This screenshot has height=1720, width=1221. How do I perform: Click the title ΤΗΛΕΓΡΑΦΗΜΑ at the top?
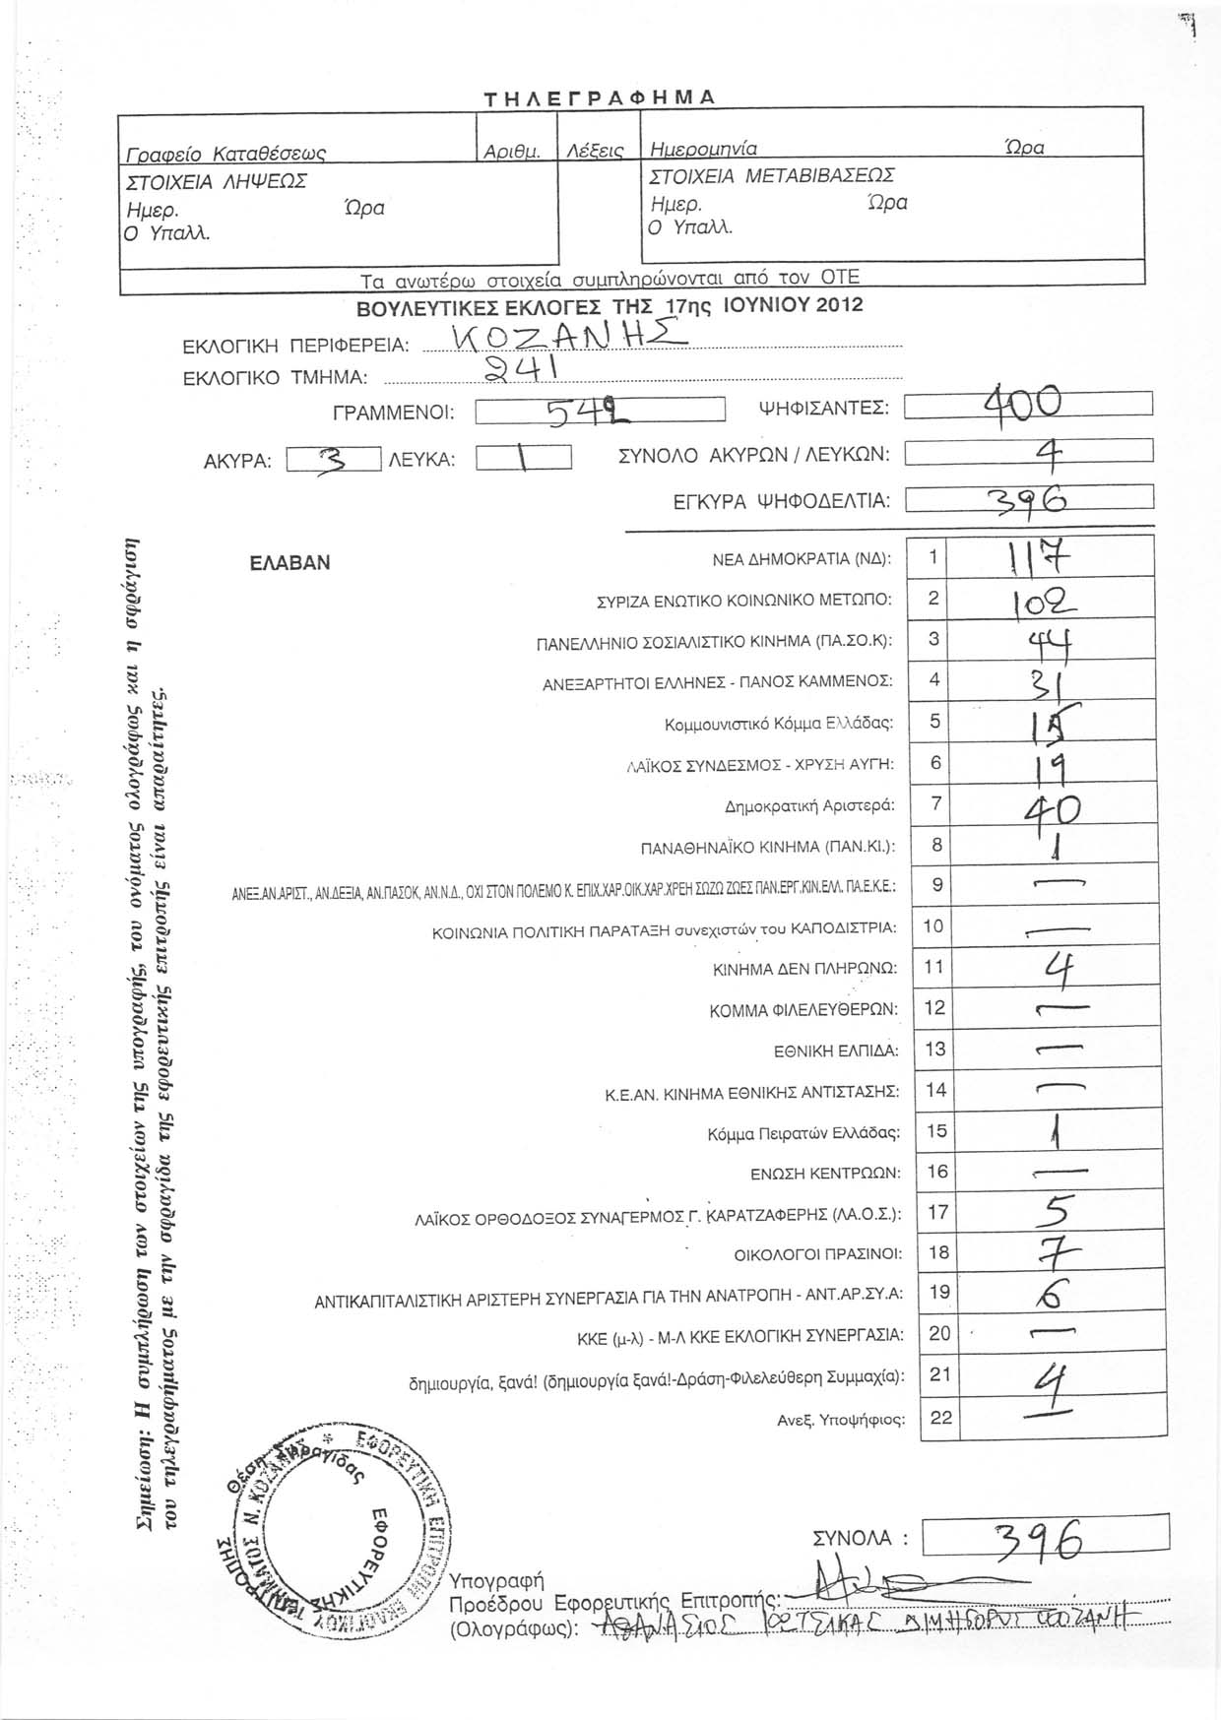click(600, 96)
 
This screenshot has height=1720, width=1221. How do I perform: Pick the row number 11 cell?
click(934, 968)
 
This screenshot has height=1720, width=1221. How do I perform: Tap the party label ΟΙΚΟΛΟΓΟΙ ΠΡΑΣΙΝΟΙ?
click(818, 1254)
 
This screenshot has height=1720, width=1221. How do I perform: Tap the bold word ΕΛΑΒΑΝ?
click(290, 563)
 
